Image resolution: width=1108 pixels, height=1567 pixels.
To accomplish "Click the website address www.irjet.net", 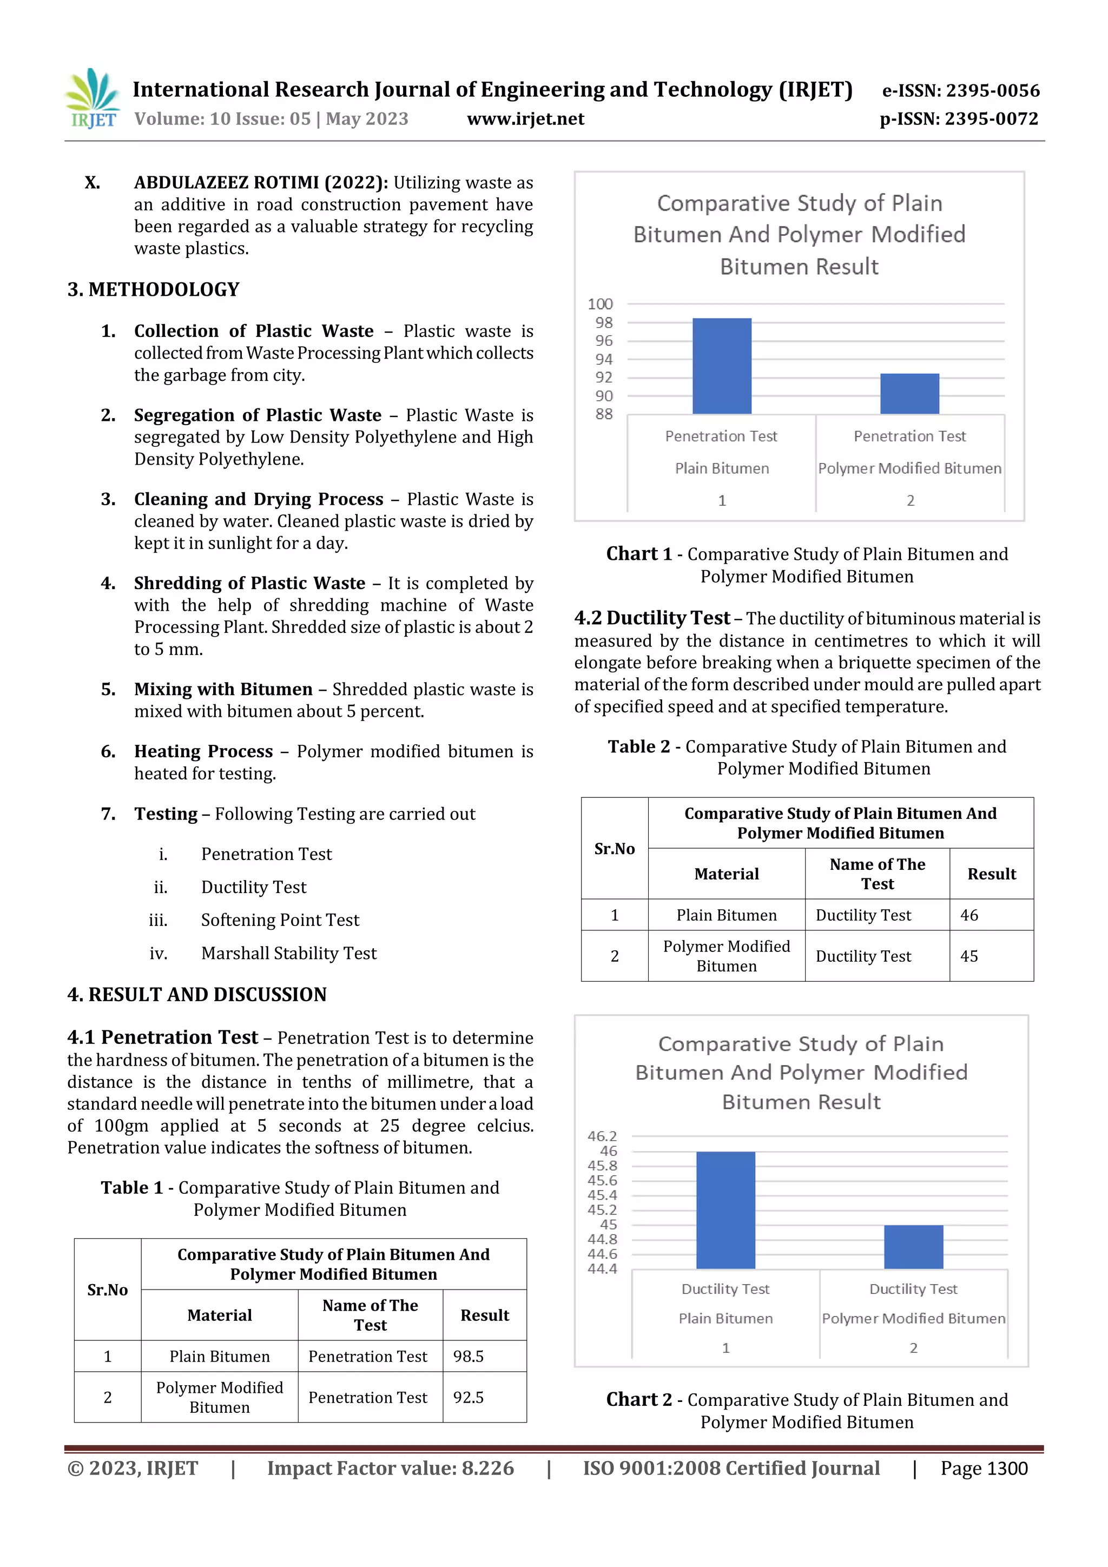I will point(525,119).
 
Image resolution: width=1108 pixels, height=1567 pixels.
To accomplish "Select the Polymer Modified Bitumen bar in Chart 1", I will point(909,394).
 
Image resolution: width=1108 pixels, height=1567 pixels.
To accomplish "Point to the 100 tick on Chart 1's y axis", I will point(600,303).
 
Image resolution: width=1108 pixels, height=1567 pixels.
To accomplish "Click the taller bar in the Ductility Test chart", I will point(725,1210).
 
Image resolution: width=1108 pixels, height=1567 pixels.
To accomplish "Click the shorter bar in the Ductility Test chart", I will point(913,1247).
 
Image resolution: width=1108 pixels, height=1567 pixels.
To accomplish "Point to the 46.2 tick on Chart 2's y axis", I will point(602,1136).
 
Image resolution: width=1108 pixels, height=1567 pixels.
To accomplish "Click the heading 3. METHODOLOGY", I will point(154,289).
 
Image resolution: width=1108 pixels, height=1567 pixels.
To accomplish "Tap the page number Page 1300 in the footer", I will point(984,1468).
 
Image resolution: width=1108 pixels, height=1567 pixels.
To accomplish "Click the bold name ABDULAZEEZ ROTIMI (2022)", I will point(261,182).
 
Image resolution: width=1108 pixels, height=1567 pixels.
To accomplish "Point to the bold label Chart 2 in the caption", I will point(639,1399).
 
